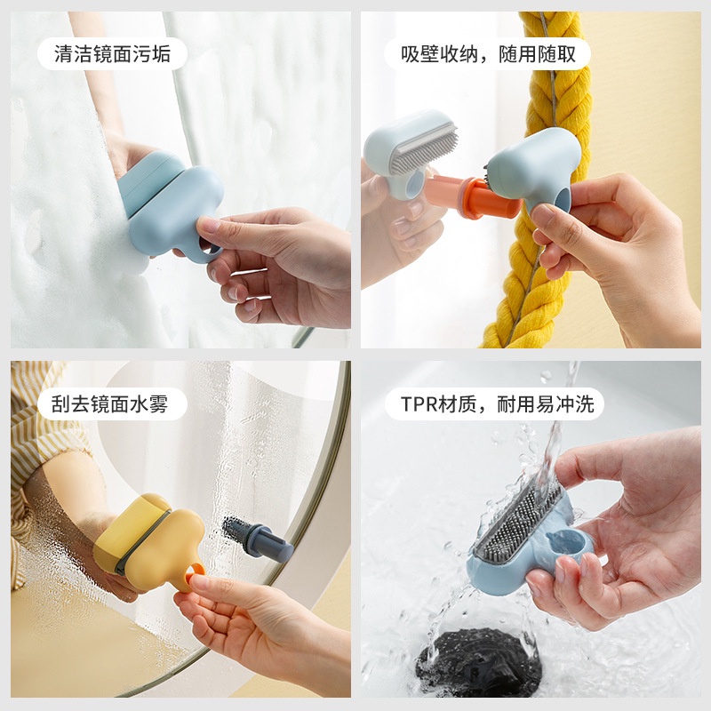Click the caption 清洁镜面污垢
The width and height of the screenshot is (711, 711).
pos(113,54)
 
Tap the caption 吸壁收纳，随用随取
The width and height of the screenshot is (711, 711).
pos(488,54)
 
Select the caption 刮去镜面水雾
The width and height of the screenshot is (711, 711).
pos(113,404)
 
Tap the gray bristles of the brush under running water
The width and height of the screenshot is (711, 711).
pos(515,520)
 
